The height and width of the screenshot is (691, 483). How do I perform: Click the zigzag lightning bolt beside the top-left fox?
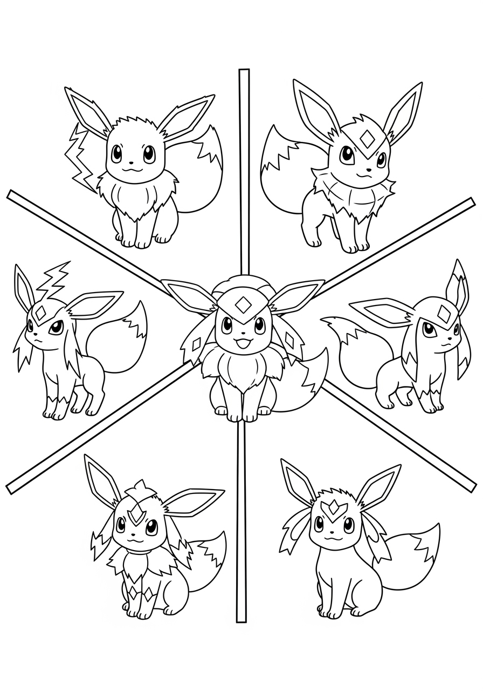point(80,157)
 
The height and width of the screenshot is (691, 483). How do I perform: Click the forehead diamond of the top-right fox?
point(368,139)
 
